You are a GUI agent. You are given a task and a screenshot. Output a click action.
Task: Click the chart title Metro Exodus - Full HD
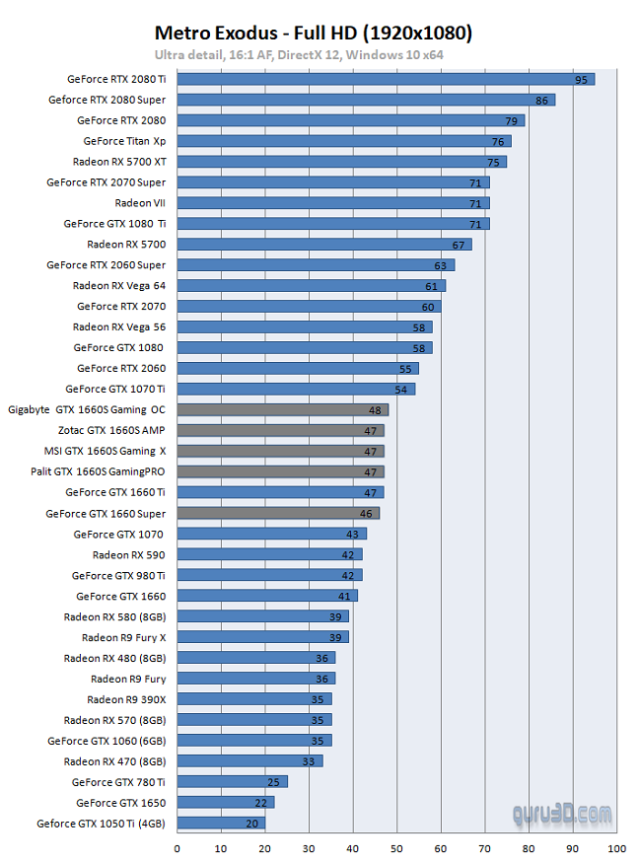314,34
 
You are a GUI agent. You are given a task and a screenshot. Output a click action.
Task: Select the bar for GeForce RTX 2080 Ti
386,79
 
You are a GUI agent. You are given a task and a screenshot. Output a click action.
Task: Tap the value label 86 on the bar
541,100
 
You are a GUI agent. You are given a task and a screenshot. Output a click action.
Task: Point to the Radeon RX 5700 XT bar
341,162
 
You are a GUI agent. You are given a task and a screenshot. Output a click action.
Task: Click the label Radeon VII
140,203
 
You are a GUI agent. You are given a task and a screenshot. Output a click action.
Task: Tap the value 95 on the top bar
581,79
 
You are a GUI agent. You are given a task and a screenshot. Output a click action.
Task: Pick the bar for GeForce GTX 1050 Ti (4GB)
221,823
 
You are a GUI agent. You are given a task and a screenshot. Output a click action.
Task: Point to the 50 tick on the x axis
396,847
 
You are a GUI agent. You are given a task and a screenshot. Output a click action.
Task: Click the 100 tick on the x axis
616,847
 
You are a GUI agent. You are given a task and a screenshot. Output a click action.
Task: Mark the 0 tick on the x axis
178,847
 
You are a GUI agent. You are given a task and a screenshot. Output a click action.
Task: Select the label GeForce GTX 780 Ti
118,782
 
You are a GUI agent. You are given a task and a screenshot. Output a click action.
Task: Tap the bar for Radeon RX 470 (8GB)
249,760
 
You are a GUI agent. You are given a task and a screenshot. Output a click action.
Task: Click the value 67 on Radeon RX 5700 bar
459,245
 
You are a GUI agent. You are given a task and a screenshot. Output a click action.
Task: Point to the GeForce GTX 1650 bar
226,802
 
